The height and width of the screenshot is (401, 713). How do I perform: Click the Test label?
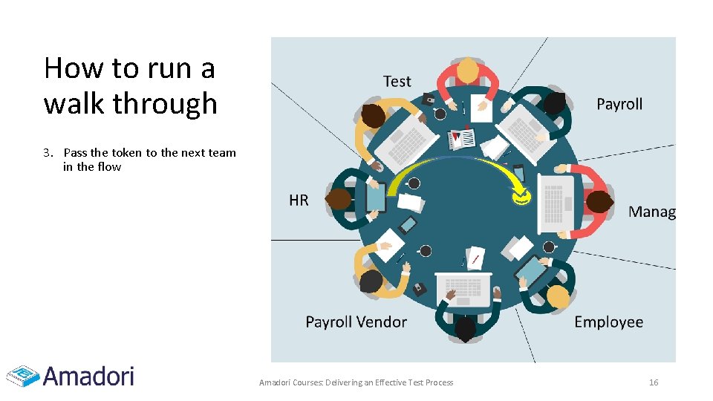397,82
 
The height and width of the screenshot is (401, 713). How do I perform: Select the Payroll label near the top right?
619,104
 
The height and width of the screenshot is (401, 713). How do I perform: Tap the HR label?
299,200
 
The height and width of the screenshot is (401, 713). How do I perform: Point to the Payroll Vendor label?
356,322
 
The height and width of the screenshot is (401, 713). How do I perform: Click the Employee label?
608,322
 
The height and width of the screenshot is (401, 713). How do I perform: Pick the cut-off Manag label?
651,212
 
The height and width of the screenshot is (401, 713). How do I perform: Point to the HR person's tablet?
376,198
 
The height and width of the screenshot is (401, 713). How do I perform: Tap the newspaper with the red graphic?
463,139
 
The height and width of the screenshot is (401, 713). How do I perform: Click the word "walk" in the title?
73,103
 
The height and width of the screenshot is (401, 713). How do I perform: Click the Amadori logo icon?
22,376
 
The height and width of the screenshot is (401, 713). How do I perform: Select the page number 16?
654,382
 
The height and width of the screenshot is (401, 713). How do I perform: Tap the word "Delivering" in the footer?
336,382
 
